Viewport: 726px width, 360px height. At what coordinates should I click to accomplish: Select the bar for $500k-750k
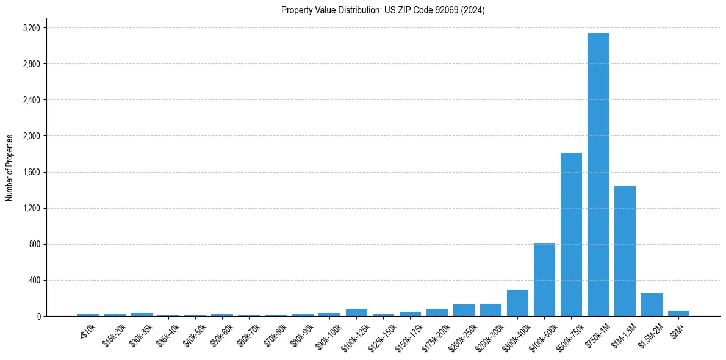[571, 234]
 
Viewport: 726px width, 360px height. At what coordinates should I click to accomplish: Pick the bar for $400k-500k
[544, 280]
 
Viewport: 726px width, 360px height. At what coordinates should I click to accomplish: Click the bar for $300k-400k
[517, 303]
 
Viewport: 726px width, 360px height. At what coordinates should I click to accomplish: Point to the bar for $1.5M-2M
[652, 305]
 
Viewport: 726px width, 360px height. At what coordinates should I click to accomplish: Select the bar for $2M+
[678, 314]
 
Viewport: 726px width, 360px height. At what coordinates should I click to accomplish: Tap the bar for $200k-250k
[464, 311]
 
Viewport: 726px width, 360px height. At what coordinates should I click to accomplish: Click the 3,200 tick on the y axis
[31, 28]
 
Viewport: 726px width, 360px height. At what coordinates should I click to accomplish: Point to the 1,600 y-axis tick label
[31, 172]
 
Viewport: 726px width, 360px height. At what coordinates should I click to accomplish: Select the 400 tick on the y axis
[34, 280]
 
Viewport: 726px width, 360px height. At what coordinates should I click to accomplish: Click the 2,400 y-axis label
[31, 100]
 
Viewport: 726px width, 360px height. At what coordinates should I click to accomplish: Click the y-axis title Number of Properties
[9, 167]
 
